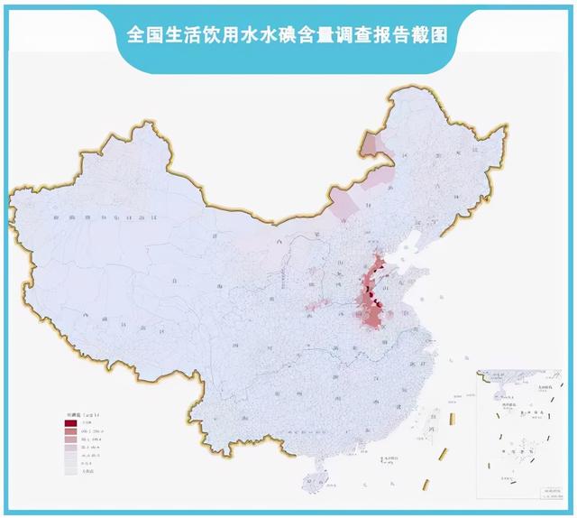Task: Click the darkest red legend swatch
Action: [x=70, y=423]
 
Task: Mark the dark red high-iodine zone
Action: [x=370, y=293]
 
